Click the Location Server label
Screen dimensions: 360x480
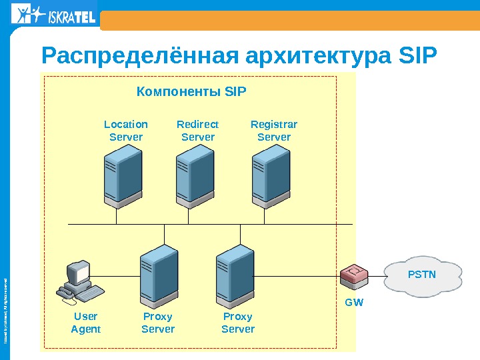point(126,131)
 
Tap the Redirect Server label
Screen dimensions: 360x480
point(198,131)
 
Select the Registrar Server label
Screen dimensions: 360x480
point(274,131)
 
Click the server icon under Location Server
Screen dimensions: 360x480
point(123,175)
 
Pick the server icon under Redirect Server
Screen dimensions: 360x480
point(195,175)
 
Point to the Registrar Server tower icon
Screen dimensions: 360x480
point(271,175)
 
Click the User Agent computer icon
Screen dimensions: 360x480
point(78,281)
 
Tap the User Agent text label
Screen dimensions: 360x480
point(86,323)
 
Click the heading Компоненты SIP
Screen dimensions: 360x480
point(191,90)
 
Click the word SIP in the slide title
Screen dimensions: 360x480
point(417,58)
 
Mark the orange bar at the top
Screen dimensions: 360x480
point(289,20)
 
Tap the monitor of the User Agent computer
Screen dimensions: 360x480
point(78,272)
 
